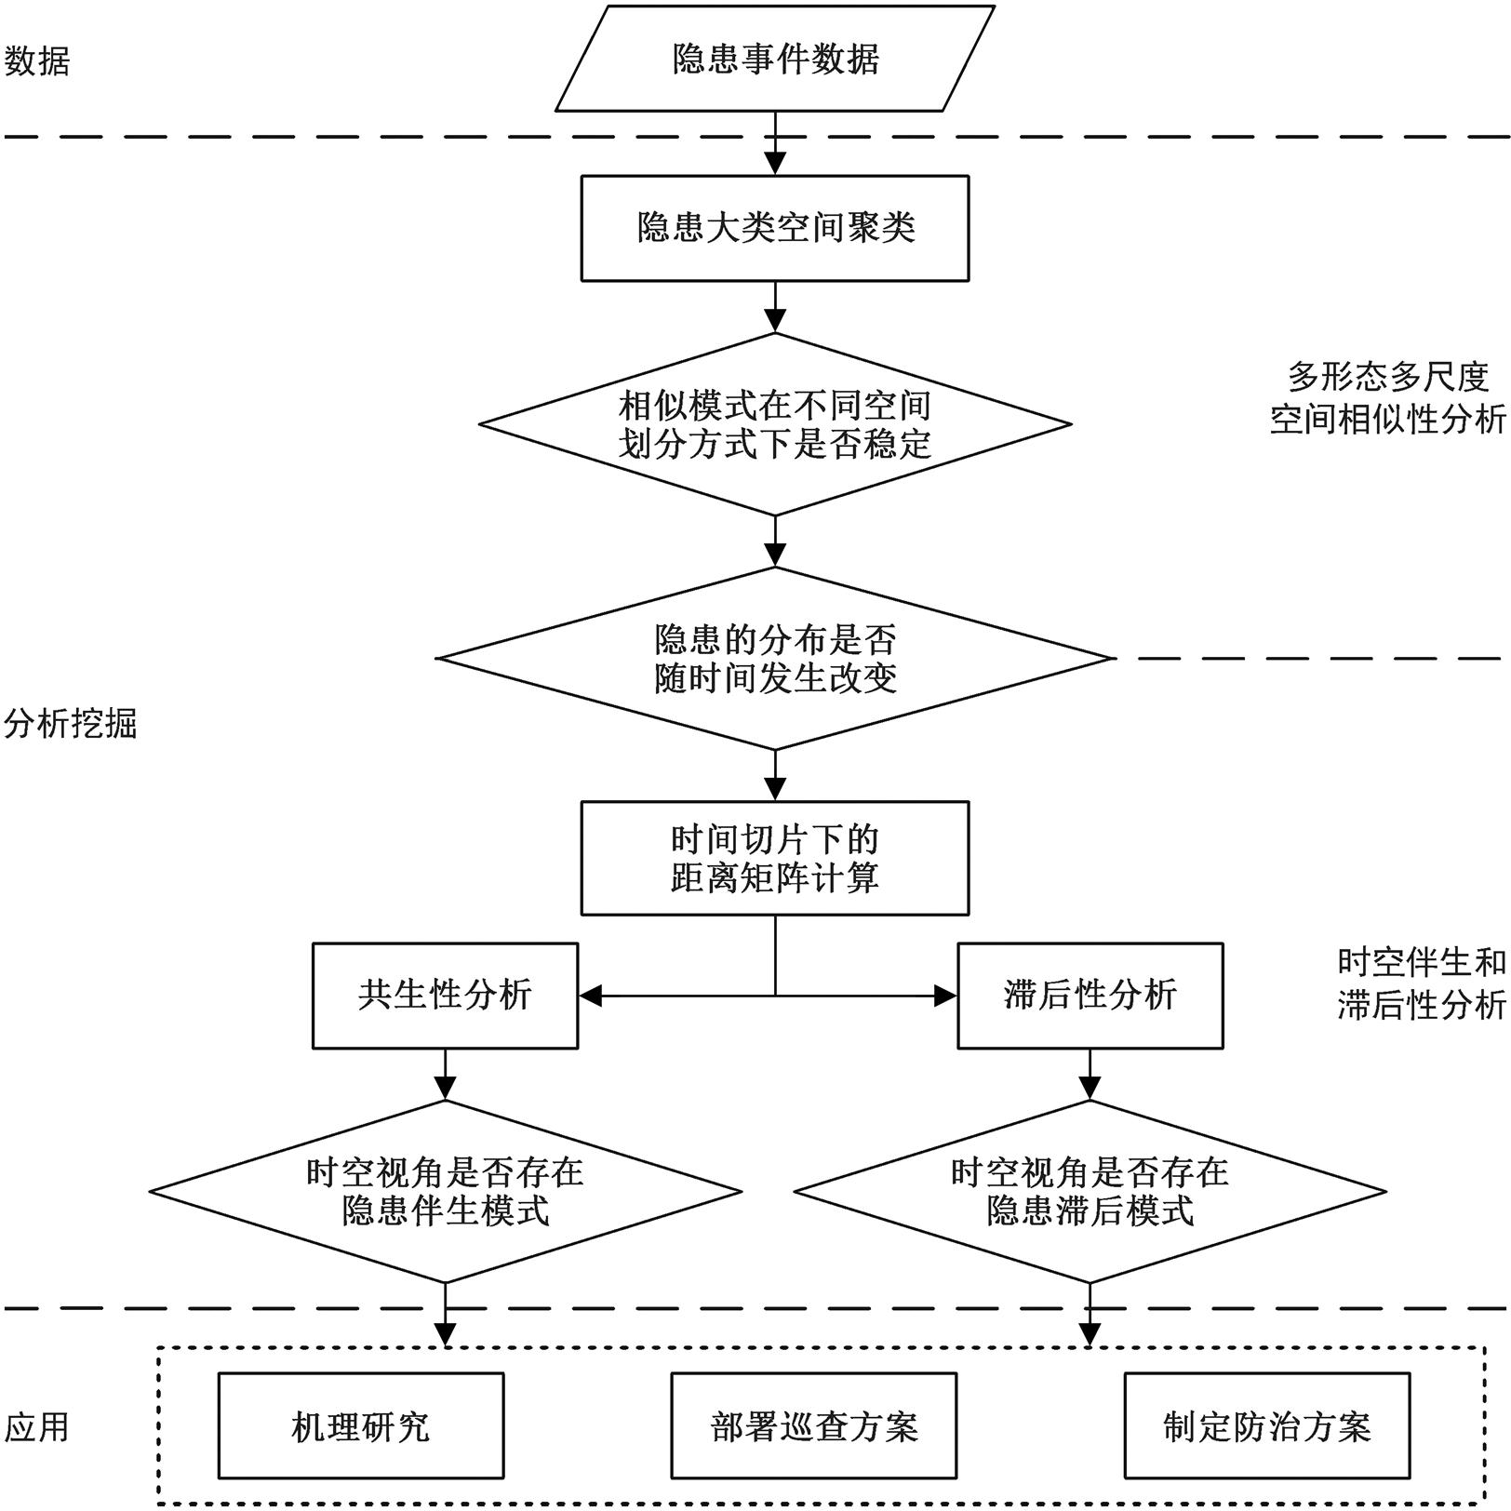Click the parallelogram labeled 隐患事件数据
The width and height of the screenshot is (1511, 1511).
[775, 59]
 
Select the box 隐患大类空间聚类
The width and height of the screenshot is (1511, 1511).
[775, 228]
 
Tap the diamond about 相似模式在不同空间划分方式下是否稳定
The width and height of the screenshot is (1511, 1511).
[775, 424]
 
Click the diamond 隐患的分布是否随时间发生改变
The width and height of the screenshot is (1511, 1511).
[775, 659]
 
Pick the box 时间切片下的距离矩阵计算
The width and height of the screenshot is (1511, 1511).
[775, 858]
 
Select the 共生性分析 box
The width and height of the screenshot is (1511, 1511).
[445, 996]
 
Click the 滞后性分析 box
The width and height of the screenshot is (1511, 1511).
[1090, 996]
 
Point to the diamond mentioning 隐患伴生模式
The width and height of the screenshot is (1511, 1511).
[446, 1192]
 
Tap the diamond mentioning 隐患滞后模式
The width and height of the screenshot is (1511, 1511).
[1090, 1192]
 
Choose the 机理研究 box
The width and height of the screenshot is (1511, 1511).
[361, 1425]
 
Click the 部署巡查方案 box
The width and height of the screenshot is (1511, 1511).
[814, 1425]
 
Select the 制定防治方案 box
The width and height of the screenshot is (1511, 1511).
[1267, 1425]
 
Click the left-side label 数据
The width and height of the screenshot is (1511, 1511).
[37, 61]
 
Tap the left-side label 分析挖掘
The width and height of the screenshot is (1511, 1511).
[70, 723]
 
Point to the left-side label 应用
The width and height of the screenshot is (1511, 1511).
[37, 1426]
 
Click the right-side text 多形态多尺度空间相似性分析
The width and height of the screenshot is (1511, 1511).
[1387, 398]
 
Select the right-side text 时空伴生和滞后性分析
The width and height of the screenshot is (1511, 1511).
[1421, 983]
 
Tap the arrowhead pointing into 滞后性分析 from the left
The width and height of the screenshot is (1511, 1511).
[945, 996]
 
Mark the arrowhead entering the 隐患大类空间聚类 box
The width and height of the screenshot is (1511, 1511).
[775, 164]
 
